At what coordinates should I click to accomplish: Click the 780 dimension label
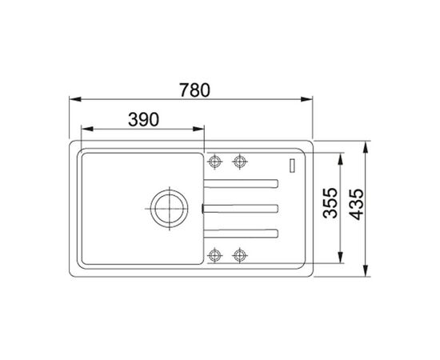[194, 90]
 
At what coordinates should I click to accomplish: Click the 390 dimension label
[143, 119]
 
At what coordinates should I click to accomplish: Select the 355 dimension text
[330, 203]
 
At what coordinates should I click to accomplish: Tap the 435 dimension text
[356, 204]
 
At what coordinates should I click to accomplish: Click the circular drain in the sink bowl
[170, 209]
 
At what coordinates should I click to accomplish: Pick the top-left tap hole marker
[214, 162]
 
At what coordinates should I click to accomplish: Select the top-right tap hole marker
[240, 162]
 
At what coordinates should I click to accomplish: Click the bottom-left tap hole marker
[214, 255]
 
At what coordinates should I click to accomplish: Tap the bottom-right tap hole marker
[240, 255]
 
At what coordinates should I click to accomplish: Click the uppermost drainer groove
[241, 184]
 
